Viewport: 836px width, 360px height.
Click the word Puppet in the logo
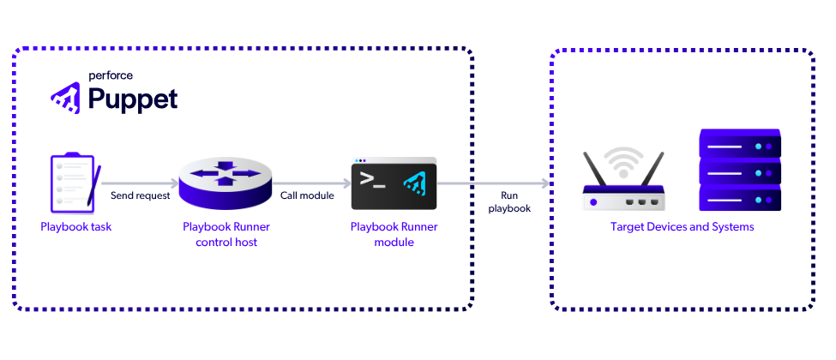pos(133,99)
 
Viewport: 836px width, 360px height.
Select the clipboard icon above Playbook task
pos(70,182)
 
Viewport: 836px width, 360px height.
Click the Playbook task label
pos(76,227)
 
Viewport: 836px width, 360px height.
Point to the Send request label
pos(141,195)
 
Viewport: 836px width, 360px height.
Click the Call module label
pos(307,195)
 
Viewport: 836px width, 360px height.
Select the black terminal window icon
pos(394,183)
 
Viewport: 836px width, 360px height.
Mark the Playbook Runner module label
pos(394,235)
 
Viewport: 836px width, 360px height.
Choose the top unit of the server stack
pos(740,142)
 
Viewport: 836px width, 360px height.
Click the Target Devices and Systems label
pos(683,227)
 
